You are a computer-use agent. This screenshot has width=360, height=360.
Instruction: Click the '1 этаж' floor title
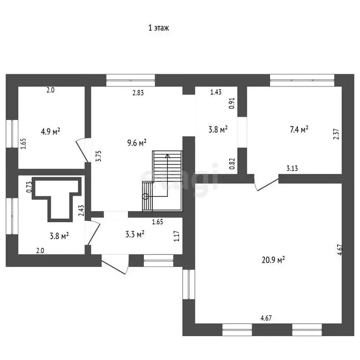[158, 28]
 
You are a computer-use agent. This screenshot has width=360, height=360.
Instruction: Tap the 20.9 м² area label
[273, 260]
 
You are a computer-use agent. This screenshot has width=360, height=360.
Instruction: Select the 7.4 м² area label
[299, 129]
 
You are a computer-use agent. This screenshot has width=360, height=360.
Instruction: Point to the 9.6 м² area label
[137, 143]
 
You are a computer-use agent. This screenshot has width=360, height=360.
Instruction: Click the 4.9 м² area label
[51, 132]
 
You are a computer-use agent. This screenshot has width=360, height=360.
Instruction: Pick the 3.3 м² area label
[135, 234]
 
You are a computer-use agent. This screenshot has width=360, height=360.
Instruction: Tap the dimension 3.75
[99, 156]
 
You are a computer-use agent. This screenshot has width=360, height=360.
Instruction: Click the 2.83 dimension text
[138, 92]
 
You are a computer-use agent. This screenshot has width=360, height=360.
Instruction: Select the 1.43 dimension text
[216, 92]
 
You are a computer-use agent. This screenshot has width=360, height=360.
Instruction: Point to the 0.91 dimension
[232, 103]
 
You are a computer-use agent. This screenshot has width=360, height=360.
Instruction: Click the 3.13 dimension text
[292, 169]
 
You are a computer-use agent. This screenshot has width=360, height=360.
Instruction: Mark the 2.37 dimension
[336, 134]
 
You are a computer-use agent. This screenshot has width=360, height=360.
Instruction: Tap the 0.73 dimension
[29, 187]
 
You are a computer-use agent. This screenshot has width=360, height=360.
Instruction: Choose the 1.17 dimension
[177, 236]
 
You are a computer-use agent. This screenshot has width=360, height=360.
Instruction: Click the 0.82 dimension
[232, 164]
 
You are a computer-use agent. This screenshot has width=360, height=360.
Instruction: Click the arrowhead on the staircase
[168, 156]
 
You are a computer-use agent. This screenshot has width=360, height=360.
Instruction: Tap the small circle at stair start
[145, 196]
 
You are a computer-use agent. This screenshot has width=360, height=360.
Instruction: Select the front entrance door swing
[114, 264]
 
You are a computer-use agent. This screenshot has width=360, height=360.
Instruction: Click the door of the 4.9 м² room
[82, 150]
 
